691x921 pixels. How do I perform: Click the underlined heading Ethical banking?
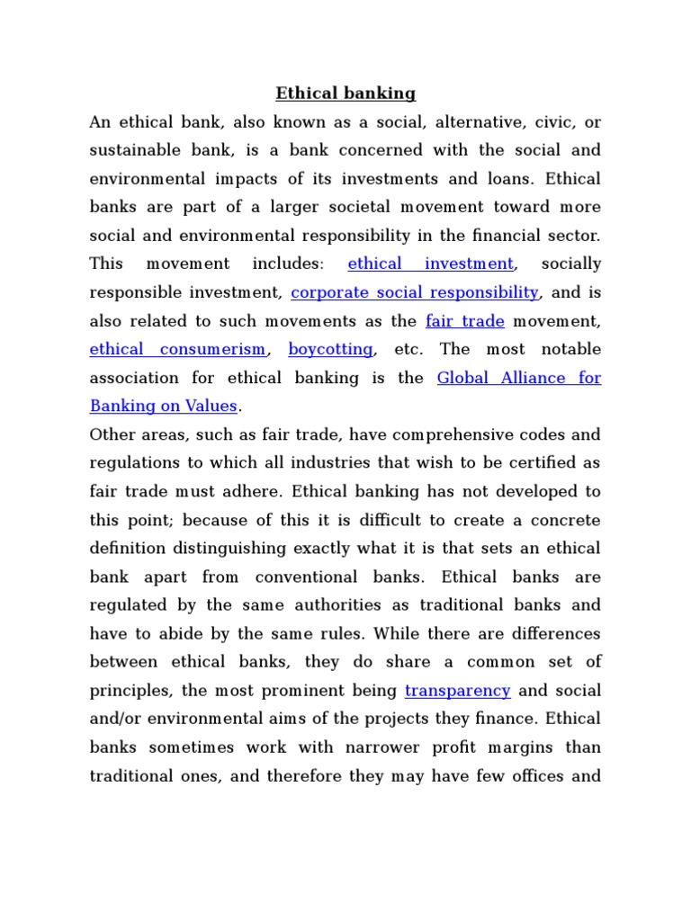tap(345, 93)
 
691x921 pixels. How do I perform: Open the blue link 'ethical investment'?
tap(430, 264)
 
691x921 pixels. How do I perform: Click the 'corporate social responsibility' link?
tap(415, 292)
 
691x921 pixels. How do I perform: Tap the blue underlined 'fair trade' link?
tap(464, 320)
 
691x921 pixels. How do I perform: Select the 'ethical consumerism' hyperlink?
tap(177, 349)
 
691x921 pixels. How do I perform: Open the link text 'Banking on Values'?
tap(163, 406)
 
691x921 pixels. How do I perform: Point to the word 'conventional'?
tap(310, 577)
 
